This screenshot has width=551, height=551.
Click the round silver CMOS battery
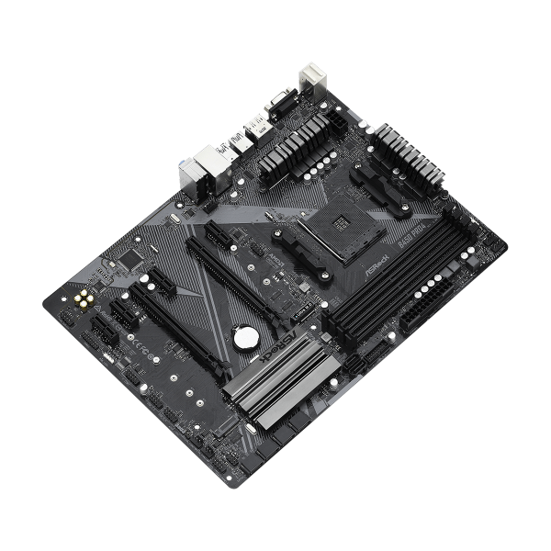(x=242, y=339)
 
